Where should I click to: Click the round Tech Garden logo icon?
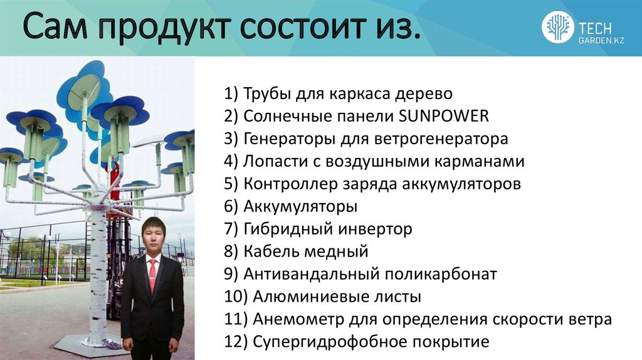pyautogui.click(x=557, y=28)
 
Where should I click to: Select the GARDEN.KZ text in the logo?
pyautogui.click(x=601, y=40)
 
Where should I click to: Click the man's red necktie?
pyautogui.click(x=152, y=275)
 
